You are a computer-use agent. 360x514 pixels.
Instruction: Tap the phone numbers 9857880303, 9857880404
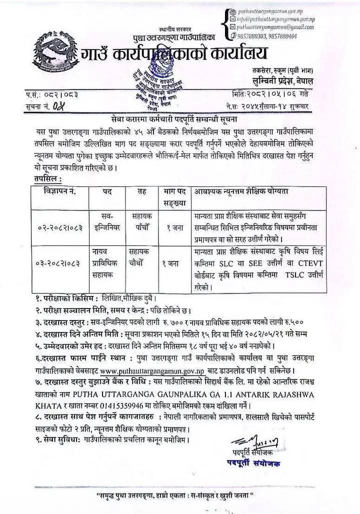(x=267, y=36)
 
